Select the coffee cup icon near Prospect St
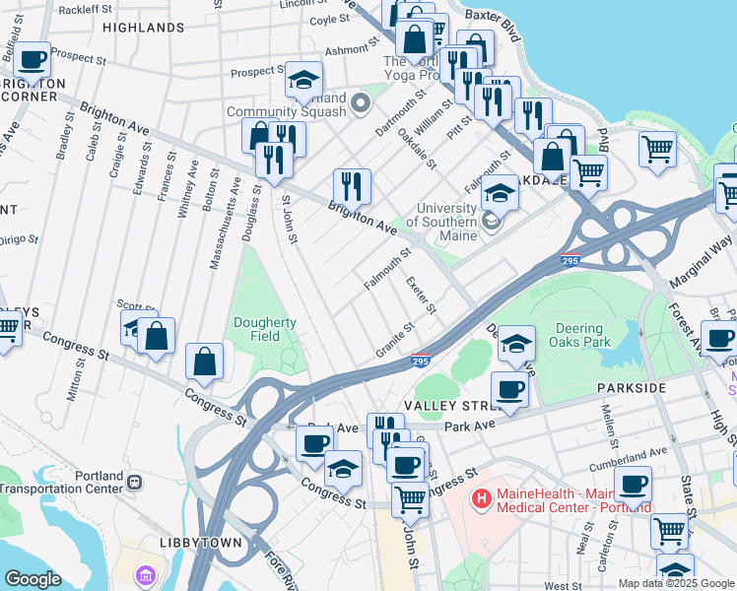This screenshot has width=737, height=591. (33, 61)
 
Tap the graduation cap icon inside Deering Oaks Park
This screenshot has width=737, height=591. (516, 344)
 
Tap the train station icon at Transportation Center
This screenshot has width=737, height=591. (135, 482)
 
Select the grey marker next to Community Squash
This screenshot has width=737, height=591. (360, 101)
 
